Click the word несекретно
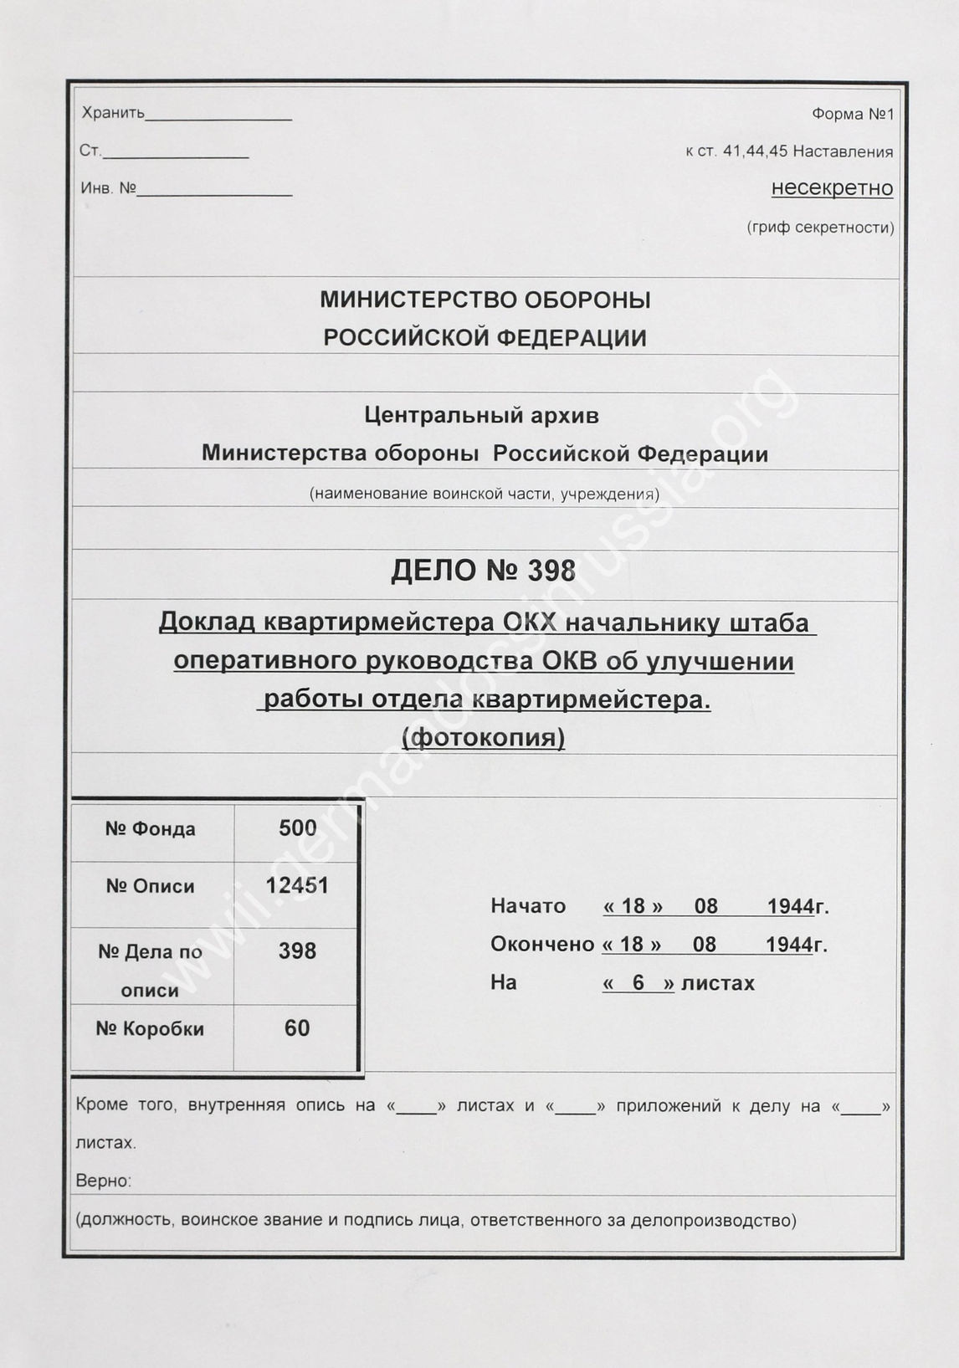click(832, 188)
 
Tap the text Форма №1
click(852, 114)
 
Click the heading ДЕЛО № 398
click(483, 571)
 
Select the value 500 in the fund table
click(297, 828)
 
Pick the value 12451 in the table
click(297, 885)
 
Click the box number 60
click(297, 1027)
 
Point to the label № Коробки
click(150, 1028)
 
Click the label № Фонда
click(150, 829)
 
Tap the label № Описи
click(150, 886)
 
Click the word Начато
click(528, 906)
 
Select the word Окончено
click(542, 944)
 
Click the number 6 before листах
click(638, 982)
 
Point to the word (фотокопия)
click(484, 737)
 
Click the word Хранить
click(114, 113)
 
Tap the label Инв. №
click(108, 188)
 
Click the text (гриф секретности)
click(820, 228)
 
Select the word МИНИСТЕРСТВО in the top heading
click(418, 300)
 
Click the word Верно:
click(104, 1181)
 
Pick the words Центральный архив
click(482, 415)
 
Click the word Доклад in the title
click(207, 623)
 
